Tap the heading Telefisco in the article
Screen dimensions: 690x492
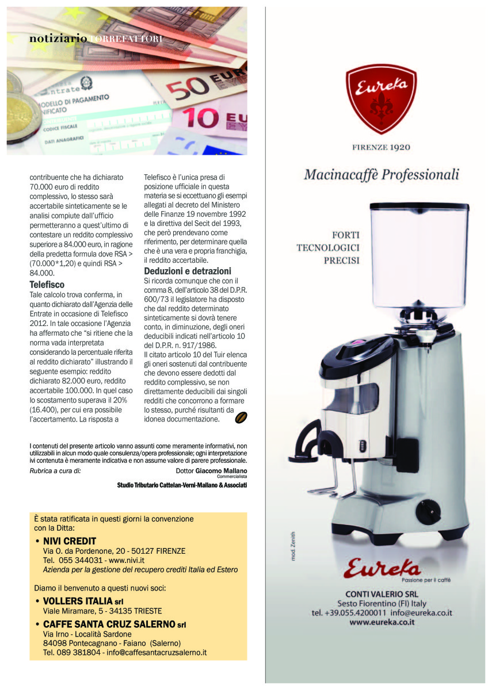click(47, 285)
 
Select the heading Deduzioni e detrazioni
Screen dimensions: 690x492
click(187, 271)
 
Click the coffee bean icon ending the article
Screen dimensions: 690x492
click(241, 417)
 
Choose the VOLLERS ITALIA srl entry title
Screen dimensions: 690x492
click(83, 601)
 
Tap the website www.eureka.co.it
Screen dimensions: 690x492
click(382, 622)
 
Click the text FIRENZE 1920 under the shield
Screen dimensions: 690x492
click(381, 147)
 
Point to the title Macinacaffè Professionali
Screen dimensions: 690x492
click(382, 174)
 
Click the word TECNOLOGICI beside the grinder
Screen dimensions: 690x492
click(328, 248)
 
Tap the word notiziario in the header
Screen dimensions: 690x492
click(58, 39)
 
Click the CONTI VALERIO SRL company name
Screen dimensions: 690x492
click(382, 593)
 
